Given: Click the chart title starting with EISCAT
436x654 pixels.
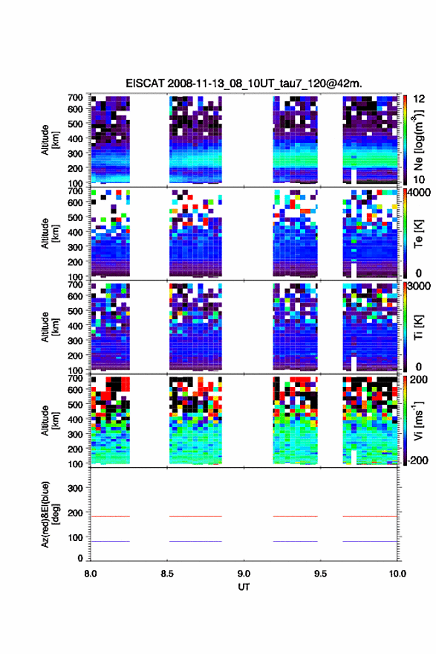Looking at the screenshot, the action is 244,83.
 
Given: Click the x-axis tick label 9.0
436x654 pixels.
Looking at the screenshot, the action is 244,574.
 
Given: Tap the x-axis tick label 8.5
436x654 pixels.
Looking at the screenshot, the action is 167,574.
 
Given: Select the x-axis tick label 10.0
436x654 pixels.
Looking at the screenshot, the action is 397,574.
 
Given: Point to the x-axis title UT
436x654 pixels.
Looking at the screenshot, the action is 244,587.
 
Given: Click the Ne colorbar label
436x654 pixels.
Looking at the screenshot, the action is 418,140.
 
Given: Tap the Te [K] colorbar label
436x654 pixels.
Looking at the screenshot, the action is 418,234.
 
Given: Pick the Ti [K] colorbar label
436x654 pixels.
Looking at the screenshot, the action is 418,327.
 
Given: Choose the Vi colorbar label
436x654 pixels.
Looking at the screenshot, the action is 418,420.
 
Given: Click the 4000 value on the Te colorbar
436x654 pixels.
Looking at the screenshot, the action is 419,193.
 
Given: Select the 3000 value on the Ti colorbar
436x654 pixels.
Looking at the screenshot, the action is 419,286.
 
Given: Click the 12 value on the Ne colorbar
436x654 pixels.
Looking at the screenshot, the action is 419,99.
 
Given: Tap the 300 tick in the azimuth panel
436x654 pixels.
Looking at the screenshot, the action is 75,488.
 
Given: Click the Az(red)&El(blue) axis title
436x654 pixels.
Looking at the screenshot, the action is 50,515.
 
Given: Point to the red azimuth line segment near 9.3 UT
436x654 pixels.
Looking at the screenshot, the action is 296,516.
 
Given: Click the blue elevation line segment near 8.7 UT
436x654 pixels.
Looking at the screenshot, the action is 195,541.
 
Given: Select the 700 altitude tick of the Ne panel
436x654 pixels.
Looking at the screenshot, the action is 75,97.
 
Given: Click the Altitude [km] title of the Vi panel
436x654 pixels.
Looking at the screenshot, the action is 50,420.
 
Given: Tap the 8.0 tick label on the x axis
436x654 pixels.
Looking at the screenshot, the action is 91,574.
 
